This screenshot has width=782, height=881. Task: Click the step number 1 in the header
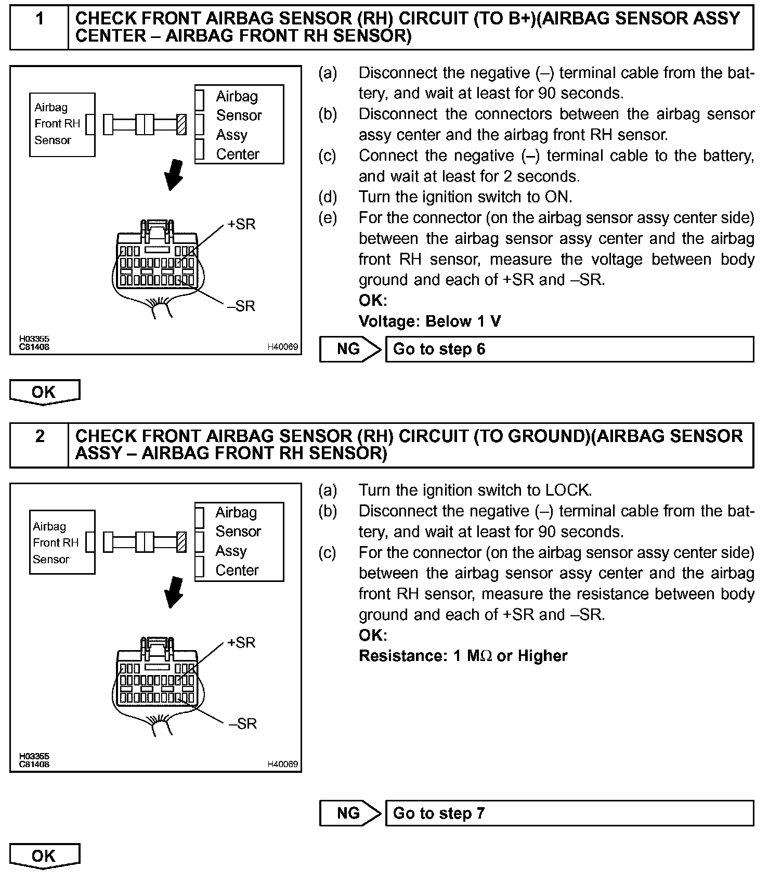[40, 20]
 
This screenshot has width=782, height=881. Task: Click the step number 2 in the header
[40, 436]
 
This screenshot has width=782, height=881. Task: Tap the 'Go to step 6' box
[569, 349]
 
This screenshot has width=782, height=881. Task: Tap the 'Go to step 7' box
[569, 813]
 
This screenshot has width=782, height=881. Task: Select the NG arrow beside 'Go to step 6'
[350, 349]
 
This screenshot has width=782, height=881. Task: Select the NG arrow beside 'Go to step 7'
[350, 813]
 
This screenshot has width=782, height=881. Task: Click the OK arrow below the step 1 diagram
[44, 392]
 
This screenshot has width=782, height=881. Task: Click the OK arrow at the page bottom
[44, 856]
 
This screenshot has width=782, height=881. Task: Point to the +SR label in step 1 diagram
[242, 225]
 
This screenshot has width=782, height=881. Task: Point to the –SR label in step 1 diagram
[242, 306]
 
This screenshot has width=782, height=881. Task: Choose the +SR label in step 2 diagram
[242, 643]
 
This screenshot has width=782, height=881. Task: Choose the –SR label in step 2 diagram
[243, 723]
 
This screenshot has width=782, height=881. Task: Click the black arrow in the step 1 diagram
[174, 175]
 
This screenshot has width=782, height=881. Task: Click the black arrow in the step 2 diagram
[174, 592]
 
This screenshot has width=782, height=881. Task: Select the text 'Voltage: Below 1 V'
[429, 321]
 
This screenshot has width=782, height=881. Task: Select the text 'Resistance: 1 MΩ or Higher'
[463, 656]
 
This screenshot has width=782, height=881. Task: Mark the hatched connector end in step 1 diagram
[181, 124]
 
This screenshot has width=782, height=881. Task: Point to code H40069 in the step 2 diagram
[282, 764]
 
